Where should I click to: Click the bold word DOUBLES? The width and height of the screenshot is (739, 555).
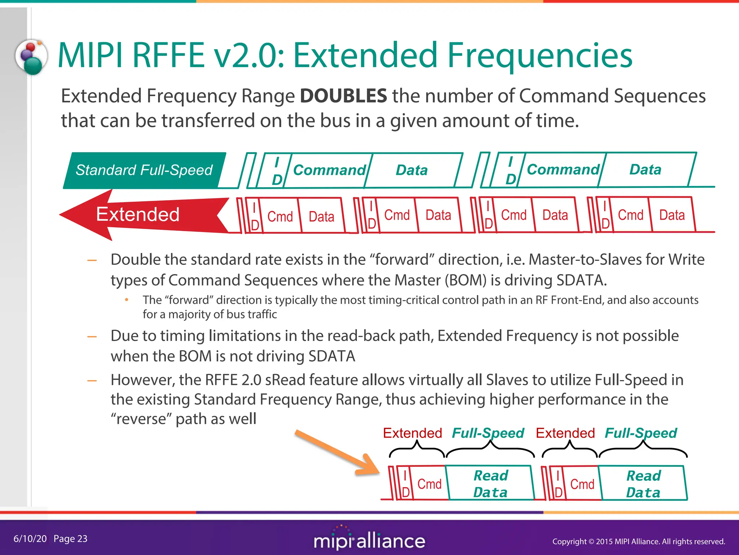(x=343, y=96)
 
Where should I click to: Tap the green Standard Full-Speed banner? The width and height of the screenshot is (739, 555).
(x=144, y=170)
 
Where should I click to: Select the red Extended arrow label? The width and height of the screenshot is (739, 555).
(x=137, y=214)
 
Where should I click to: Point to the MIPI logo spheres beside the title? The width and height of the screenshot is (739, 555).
(x=31, y=57)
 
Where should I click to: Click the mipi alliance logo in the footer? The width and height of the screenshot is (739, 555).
(x=369, y=540)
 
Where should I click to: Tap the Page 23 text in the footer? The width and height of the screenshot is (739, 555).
(x=70, y=539)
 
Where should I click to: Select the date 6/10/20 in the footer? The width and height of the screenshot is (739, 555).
(x=30, y=539)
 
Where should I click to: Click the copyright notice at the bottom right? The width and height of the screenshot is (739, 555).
(x=638, y=541)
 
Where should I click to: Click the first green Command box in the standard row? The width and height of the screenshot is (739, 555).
(x=329, y=170)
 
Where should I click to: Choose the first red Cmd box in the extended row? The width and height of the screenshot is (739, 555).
(x=280, y=216)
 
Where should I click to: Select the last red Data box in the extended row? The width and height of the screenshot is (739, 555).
(x=672, y=215)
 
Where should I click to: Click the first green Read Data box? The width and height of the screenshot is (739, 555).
(x=490, y=484)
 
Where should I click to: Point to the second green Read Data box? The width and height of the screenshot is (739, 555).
(x=643, y=484)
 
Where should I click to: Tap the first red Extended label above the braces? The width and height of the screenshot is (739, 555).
(x=412, y=433)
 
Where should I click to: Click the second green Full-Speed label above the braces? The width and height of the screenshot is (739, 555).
(x=640, y=433)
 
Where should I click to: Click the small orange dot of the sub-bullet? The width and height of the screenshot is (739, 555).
(x=127, y=300)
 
